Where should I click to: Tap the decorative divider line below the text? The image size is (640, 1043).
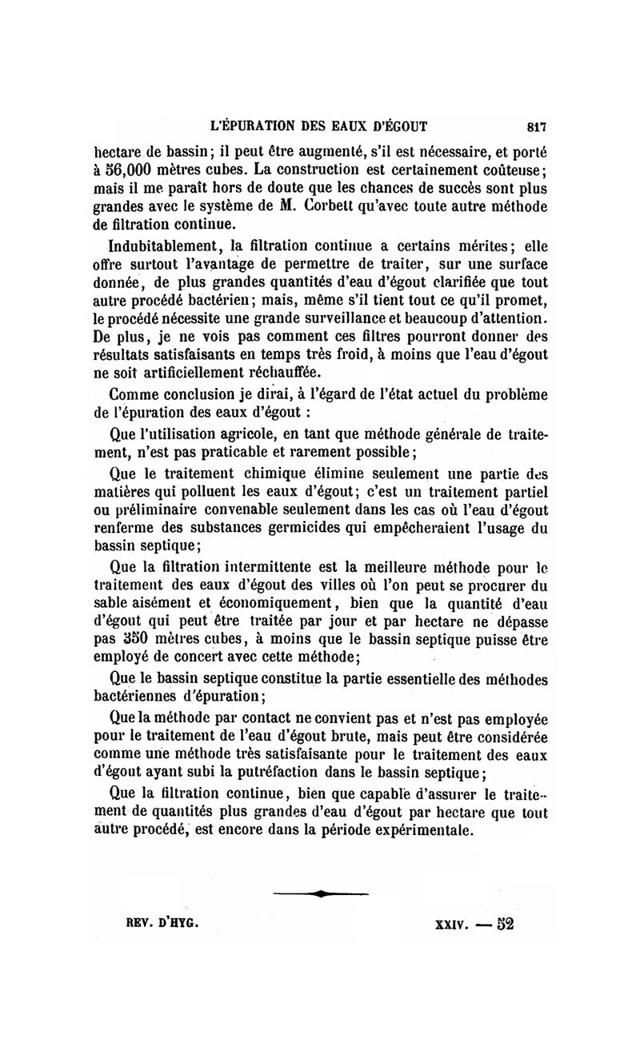coord(320,893)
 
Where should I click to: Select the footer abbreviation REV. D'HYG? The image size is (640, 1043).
coord(162,921)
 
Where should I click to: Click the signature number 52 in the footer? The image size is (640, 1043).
coord(504,922)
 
